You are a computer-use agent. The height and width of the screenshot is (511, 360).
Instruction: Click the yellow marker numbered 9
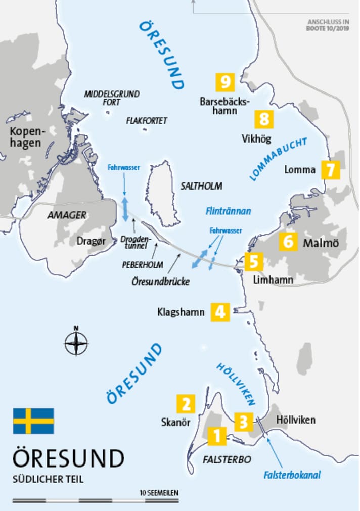(x=226, y=81)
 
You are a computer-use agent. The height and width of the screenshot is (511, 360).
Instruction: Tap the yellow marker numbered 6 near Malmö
(x=288, y=241)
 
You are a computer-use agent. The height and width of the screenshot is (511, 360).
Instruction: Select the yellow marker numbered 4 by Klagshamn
(x=220, y=312)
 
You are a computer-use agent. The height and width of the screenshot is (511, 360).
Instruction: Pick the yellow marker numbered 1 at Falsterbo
(x=217, y=436)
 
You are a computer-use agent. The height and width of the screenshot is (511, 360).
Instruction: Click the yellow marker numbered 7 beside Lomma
(x=330, y=170)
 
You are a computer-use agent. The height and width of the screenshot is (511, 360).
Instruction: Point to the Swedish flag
(x=33, y=421)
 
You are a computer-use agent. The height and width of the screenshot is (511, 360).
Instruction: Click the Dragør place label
(x=91, y=242)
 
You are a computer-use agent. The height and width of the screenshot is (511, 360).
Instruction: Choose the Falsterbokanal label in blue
(x=292, y=475)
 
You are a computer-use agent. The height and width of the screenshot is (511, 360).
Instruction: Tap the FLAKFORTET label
(x=147, y=121)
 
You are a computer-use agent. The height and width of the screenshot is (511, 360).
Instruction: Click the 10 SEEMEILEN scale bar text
(x=159, y=492)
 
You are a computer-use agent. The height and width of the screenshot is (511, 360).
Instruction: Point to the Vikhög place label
(x=256, y=138)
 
